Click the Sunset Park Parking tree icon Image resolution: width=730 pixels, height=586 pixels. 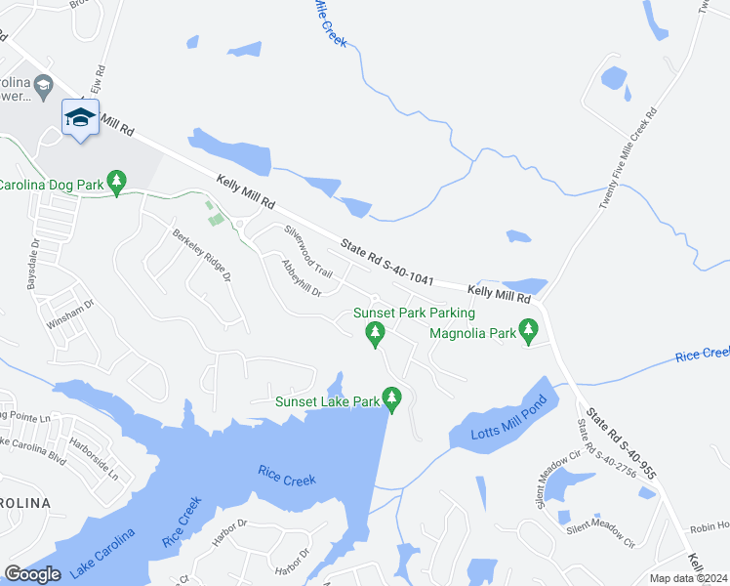pos(374,335)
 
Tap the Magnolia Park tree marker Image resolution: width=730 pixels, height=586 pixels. pos(529,329)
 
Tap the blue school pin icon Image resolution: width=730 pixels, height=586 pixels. pos(80,119)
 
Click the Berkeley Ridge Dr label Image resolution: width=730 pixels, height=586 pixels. pos(202,255)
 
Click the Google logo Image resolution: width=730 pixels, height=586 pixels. pos(32,574)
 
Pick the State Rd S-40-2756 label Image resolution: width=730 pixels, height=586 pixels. pos(594,449)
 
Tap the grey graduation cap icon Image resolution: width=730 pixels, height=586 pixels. pos(43,88)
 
